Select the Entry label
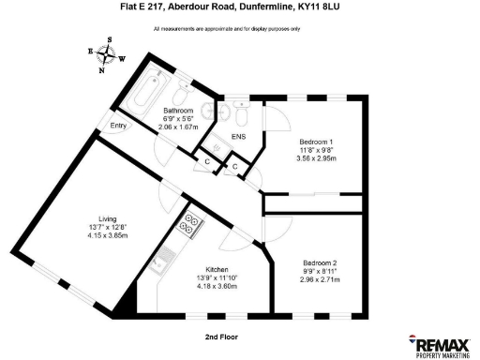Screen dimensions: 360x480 [x=118, y=126]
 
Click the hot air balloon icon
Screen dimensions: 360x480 [x=412, y=341]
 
